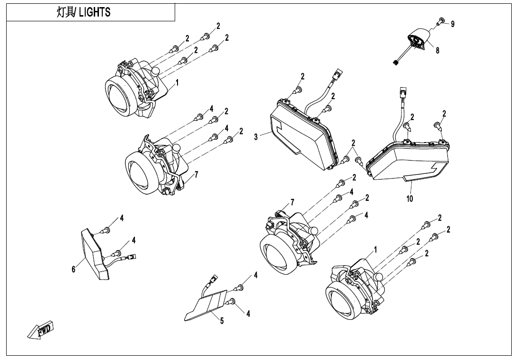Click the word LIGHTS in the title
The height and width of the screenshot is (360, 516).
[x=95, y=12]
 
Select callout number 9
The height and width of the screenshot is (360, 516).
[x=453, y=24]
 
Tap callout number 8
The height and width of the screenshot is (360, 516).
[x=437, y=51]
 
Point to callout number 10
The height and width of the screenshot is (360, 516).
[x=409, y=198]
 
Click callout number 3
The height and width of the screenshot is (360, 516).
[x=256, y=137]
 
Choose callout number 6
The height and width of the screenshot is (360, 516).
[x=73, y=269]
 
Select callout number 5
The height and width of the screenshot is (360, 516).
[x=221, y=321]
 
